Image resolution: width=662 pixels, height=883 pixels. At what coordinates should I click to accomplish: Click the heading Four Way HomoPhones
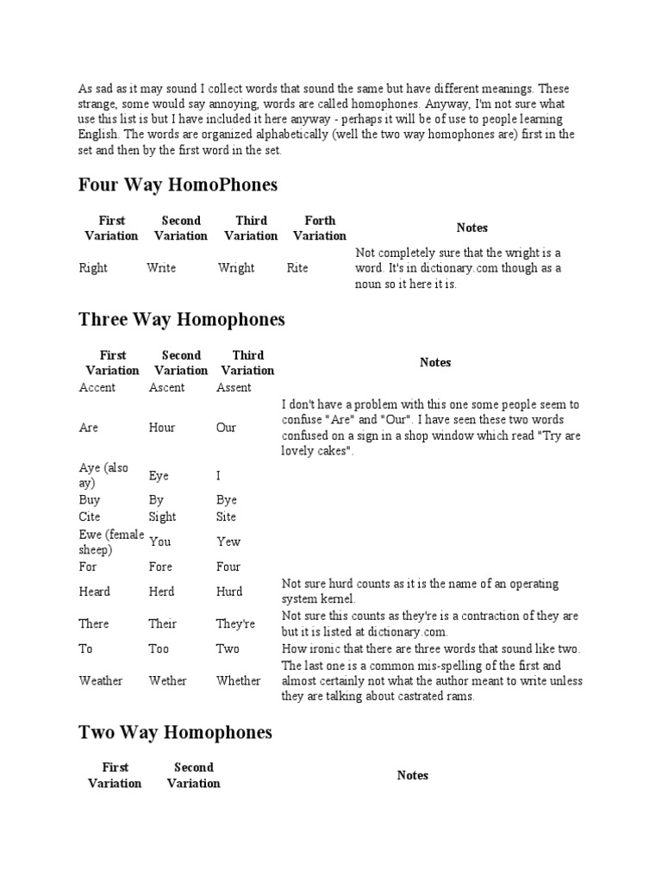point(178,185)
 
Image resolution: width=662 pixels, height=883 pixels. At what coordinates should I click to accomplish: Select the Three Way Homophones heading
point(181,320)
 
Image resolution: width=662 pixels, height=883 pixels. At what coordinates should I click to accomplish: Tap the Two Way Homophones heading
point(175,732)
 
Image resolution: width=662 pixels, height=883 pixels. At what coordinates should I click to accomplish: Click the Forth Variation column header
point(320,228)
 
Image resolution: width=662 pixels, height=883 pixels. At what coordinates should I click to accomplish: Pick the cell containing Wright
point(236,268)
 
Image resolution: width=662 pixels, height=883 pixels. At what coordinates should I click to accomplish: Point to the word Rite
point(297,268)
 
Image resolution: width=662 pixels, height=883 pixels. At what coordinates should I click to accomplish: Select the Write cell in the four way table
point(161,268)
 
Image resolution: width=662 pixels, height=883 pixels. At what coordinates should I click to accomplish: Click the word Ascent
point(166,387)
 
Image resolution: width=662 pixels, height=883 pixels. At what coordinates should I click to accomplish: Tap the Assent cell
point(234,387)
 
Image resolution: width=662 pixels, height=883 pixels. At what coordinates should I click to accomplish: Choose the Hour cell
point(162,428)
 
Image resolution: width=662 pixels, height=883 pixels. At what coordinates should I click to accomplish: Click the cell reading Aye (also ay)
point(104,475)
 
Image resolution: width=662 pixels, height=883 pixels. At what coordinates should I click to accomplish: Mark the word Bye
point(227,500)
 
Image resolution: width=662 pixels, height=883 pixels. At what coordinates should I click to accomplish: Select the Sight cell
point(162,517)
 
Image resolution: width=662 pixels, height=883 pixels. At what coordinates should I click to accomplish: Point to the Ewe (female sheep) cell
point(111,542)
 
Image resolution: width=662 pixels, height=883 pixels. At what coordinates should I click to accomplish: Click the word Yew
point(228,542)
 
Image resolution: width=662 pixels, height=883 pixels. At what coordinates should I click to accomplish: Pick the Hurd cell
point(229,592)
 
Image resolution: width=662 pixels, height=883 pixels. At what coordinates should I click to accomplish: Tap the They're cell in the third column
point(237,623)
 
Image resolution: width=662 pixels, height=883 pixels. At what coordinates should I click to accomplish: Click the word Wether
point(167,680)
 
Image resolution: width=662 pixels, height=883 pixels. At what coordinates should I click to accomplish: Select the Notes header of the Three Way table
point(435,363)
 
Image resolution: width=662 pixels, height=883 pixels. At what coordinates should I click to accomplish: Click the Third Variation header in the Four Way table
point(251,228)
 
